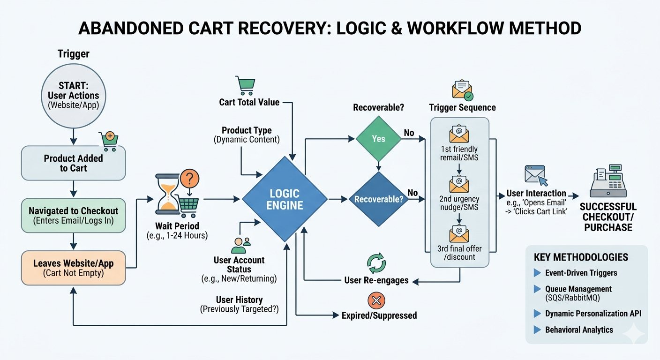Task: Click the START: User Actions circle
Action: pos(73,96)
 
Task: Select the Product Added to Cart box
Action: pos(73,163)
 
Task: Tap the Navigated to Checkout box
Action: pos(73,215)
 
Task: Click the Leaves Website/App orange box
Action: pos(73,268)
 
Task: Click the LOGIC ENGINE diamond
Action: pos(285,199)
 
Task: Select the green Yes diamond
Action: pos(378,139)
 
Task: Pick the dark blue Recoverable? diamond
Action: pos(378,199)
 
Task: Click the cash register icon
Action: pos(608,182)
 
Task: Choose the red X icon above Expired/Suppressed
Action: pos(377,300)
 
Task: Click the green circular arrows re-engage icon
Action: pos(376,263)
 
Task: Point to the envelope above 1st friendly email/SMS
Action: pos(459,135)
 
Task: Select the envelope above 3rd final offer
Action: pos(459,233)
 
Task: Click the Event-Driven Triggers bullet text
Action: pos(581,273)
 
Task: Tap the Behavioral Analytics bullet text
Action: pos(579,330)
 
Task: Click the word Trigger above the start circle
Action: pos(74,54)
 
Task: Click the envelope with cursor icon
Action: pos(535,176)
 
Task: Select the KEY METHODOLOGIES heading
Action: pos(581,257)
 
